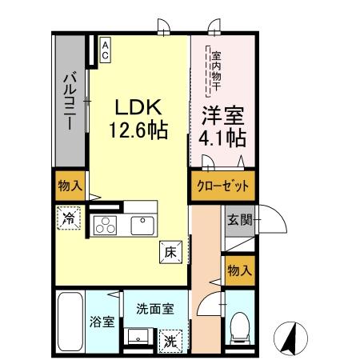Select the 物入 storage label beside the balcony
coord(70,186)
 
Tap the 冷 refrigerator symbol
coord(70,217)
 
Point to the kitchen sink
coord(142,226)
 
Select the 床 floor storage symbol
coord(171,250)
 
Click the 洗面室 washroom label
coord(150,308)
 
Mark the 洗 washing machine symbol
coord(170,339)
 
